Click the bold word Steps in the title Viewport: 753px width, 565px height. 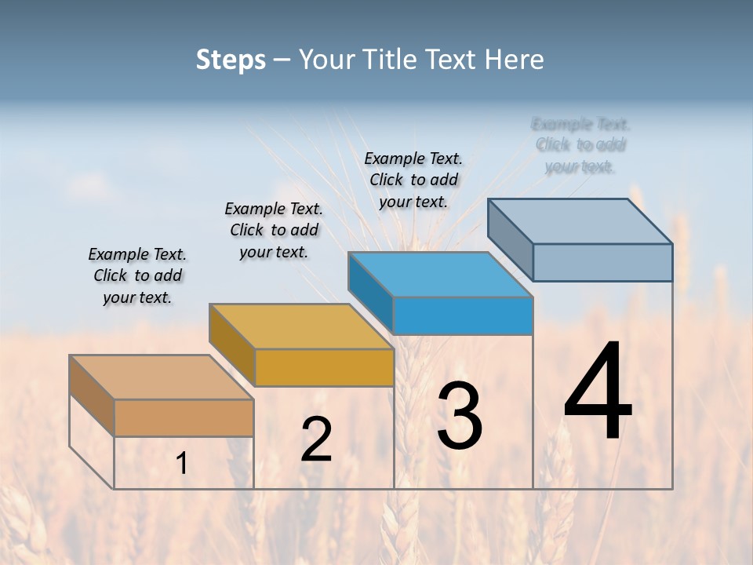coord(230,60)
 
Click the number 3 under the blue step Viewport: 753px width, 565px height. coord(460,416)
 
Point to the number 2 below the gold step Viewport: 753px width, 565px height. coord(316,439)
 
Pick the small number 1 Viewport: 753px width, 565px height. coord(181,464)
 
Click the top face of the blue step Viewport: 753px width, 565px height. coord(440,275)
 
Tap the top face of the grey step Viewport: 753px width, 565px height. coord(580,221)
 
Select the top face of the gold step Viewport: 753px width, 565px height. coord(301,326)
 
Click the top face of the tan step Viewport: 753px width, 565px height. coord(161,377)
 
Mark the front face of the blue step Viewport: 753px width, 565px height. coord(463,316)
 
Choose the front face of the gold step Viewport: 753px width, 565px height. coord(324,367)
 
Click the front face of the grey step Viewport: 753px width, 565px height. coord(602,262)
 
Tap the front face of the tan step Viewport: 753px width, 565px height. coord(184,417)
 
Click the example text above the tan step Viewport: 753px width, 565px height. coord(137,276)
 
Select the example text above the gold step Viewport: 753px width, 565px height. coord(274,230)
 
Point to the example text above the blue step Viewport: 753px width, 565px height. coord(413,180)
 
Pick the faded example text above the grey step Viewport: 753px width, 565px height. coord(580,145)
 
